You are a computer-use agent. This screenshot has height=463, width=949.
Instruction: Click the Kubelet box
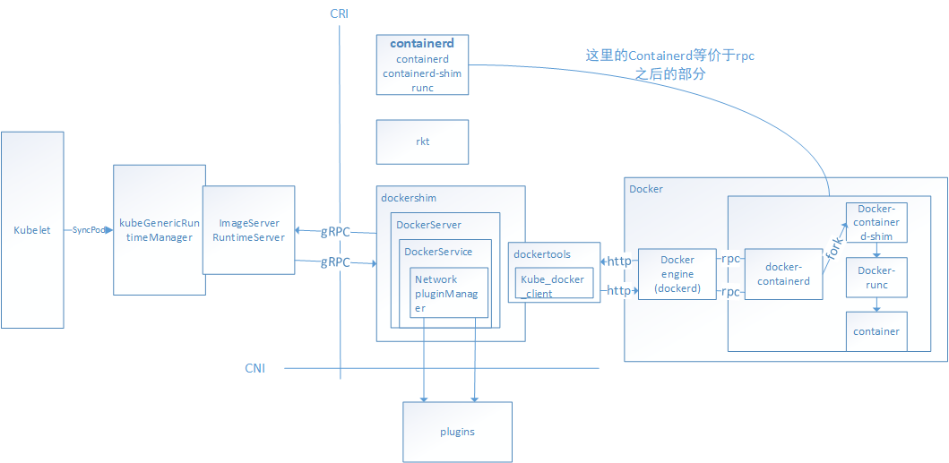point(32,230)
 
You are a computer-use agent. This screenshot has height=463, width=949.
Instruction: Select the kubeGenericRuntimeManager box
point(159,230)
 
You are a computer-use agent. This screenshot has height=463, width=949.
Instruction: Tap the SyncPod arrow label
point(88,230)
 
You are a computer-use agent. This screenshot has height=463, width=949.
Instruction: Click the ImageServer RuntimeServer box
point(248,230)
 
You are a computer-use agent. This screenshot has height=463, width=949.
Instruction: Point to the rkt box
point(422,141)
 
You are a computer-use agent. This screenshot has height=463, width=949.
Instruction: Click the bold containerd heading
point(422,43)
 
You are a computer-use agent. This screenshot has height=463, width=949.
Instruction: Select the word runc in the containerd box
point(422,88)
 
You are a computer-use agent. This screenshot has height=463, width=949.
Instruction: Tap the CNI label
point(255,368)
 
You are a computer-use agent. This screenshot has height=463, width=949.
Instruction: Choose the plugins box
point(457,432)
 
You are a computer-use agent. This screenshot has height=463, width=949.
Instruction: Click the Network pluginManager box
point(448,293)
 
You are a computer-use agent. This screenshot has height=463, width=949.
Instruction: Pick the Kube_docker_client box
point(553,286)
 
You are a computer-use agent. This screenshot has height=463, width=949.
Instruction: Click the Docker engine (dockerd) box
point(677,274)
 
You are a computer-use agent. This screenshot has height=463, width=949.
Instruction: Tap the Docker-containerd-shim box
point(877,222)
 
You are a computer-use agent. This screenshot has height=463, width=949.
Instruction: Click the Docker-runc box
point(877,278)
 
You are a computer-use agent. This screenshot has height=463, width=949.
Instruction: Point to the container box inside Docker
point(876,331)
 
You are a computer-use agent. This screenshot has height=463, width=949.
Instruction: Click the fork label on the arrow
point(832,247)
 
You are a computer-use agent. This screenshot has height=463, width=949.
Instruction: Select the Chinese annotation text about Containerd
point(669,65)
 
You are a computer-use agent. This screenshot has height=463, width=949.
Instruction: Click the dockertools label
point(541,254)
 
